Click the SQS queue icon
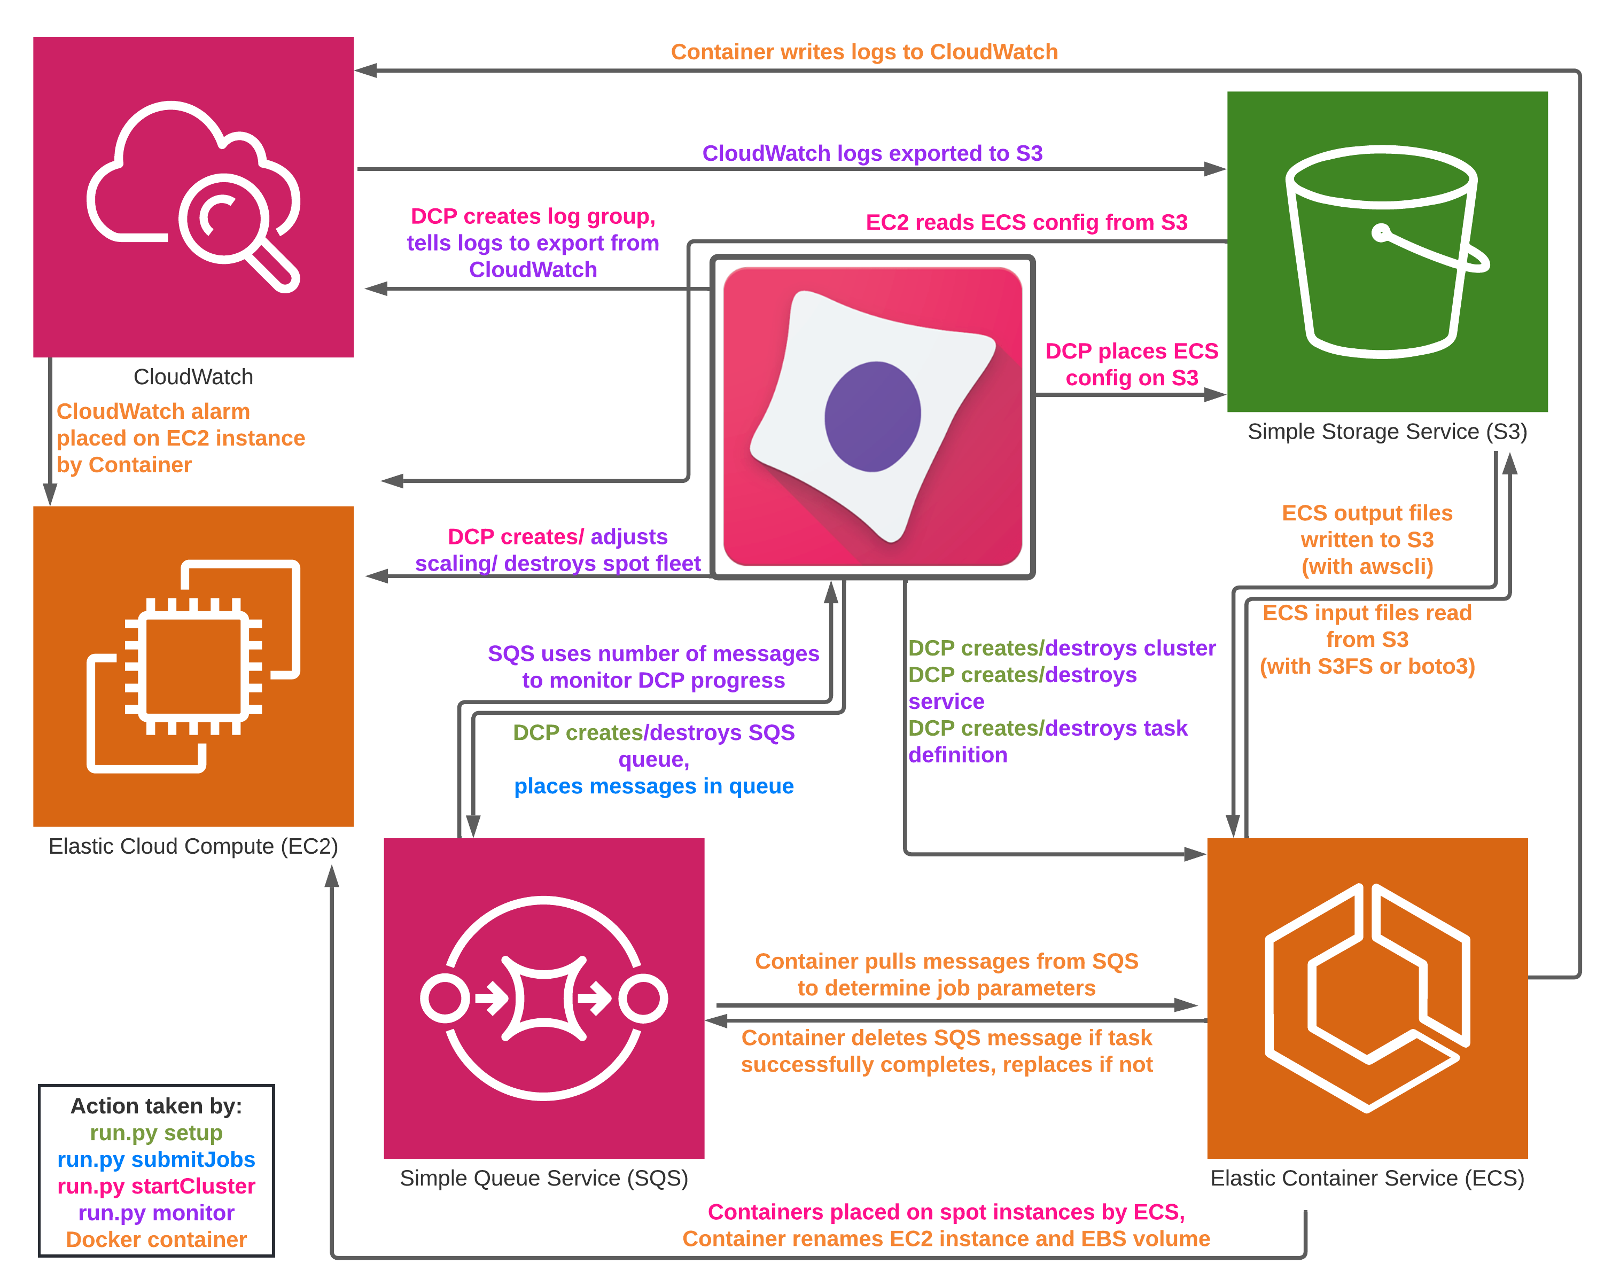[543, 998]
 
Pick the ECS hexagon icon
[1367, 998]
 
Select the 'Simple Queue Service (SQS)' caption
[543, 1178]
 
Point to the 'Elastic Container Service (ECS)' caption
[1367, 1178]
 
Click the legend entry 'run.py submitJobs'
[157, 1159]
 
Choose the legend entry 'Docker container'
[157, 1239]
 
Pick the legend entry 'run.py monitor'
[157, 1213]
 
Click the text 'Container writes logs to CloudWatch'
[864, 52]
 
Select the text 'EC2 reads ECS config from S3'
[1026, 222]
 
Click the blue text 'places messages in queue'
[653, 786]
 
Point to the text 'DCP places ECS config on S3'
[1132, 364]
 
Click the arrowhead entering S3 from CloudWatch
[1215, 169]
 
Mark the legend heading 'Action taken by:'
[157, 1106]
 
